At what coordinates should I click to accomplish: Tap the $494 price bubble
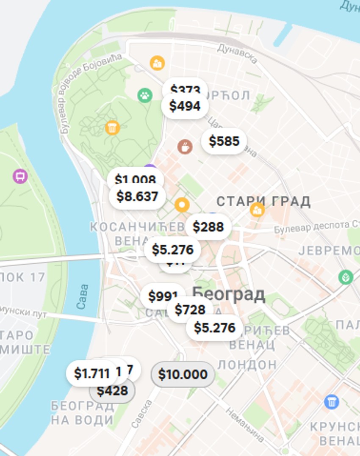pos(185,106)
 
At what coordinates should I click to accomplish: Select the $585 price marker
pos(224,141)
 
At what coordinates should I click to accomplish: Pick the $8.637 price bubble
pos(137,196)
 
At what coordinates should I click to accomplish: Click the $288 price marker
pos(208,227)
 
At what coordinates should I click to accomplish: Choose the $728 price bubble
pos(190,310)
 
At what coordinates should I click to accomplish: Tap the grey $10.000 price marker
pos(183,374)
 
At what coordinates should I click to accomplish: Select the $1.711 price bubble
pos(91,373)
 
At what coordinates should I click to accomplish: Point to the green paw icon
pos(145,95)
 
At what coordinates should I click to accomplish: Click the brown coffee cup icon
pos(185,147)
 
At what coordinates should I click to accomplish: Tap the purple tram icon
pos(20,176)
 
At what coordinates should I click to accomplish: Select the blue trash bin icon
pos(331,401)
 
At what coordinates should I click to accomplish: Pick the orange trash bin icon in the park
pos(112,127)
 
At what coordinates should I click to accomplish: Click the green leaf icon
pos(346,277)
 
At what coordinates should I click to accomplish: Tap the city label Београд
pos(229,293)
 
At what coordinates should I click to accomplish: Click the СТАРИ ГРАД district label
pos(263,201)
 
